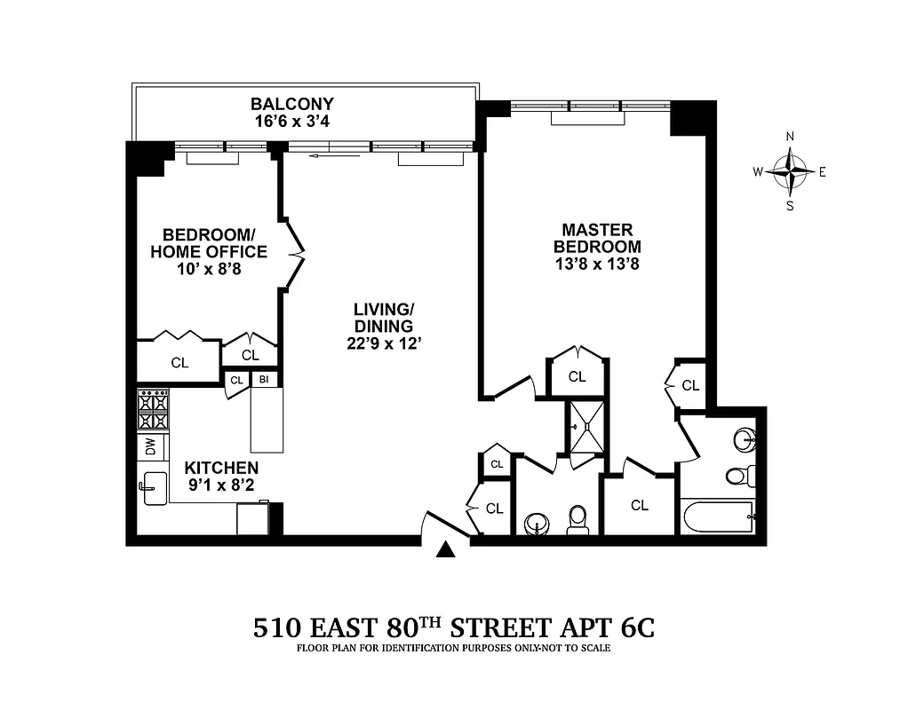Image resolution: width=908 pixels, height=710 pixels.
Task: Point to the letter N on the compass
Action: click(790, 136)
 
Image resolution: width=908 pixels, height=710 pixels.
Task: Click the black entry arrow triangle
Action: click(446, 550)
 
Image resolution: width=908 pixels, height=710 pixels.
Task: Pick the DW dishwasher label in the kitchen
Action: click(150, 446)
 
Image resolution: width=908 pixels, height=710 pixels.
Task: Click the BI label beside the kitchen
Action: click(264, 380)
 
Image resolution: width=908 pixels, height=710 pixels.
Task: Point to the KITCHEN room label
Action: click(221, 468)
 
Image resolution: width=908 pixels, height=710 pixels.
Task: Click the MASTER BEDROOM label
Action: click(597, 238)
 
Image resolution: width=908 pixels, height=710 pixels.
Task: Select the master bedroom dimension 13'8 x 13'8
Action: click(597, 264)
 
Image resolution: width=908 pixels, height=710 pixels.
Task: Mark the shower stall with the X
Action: click(587, 426)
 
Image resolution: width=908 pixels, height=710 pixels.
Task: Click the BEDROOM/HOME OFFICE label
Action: click(209, 243)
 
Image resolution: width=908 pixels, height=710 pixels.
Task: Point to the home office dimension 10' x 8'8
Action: click(209, 269)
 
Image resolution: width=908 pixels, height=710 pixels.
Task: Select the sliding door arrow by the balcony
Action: click(335, 156)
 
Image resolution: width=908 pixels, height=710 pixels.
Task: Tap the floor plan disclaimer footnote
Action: click(454, 648)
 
